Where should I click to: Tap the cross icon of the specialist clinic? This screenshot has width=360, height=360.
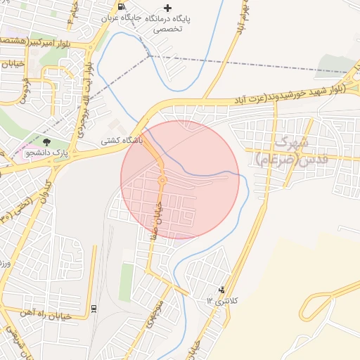167,8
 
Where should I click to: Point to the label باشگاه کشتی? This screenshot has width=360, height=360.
122,141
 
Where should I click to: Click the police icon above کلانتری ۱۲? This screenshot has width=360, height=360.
222,289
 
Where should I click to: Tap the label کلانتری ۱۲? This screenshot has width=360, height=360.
222,300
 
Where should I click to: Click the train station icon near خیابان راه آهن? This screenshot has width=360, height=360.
94,308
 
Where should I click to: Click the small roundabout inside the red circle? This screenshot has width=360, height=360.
162,181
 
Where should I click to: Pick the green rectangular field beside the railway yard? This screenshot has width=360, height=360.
127,281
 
